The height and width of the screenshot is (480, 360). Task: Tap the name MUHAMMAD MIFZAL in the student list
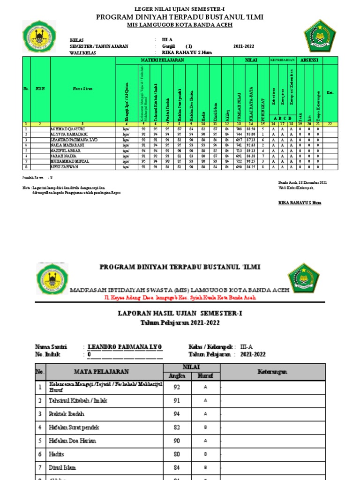(x=69, y=161)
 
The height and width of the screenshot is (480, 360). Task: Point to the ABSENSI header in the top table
(x=309, y=60)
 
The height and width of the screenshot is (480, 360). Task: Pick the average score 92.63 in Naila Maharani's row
(x=252, y=145)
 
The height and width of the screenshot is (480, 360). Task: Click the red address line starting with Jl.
(x=180, y=298)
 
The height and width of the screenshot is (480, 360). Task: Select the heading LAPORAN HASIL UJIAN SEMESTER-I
(x=180, y=313)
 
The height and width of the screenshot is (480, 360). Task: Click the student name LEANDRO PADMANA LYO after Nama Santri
(x=125, y=347)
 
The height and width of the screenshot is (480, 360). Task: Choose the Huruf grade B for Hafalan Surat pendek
(x=205, y=428)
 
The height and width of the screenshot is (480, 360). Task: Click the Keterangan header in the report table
(x=272, y=372)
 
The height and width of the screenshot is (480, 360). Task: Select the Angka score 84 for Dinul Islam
(x=177, y=468)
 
